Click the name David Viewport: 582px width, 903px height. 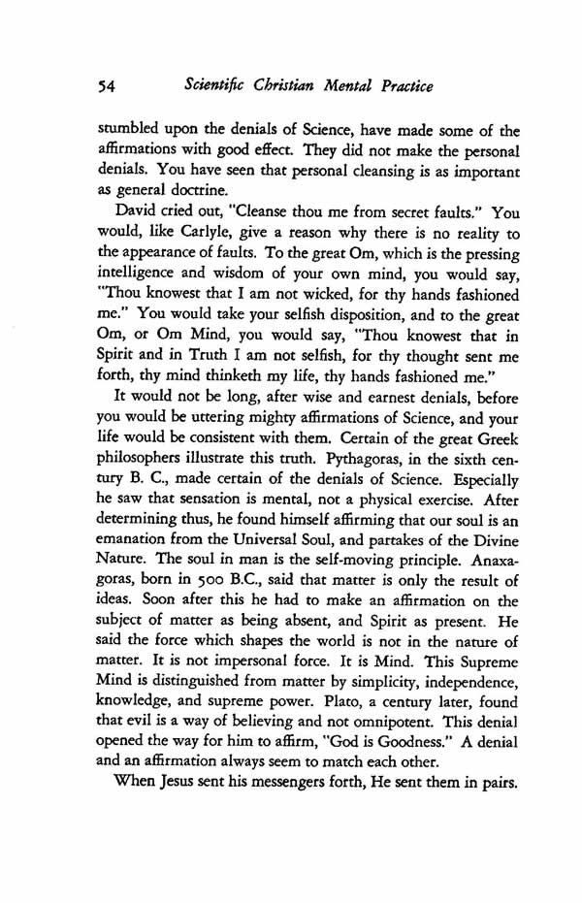153,237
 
